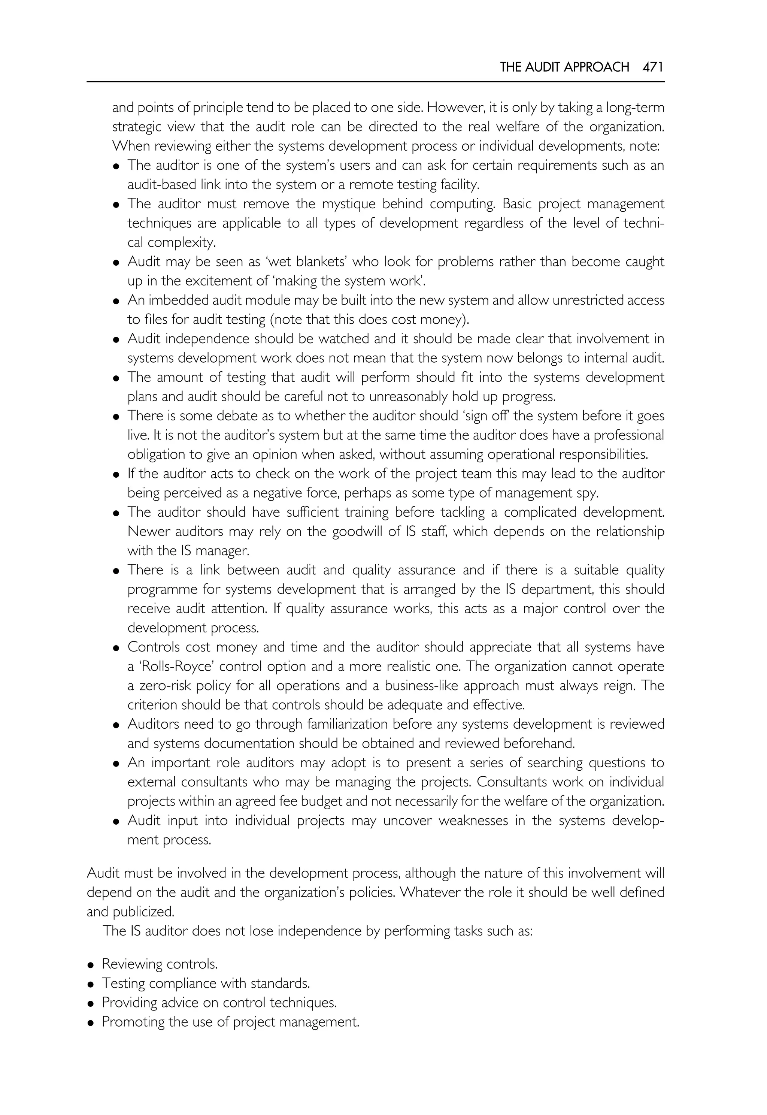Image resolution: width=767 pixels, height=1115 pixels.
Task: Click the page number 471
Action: [x=653, y=67]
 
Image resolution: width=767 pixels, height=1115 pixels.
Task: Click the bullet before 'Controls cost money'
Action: [x=116, y=648]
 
